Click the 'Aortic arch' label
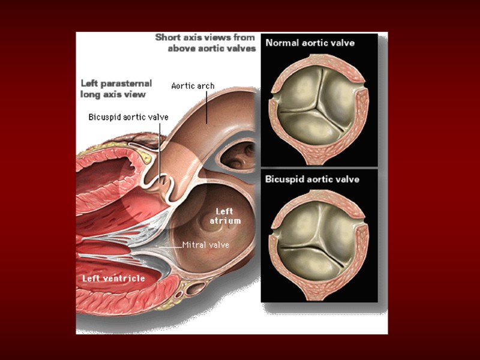pyautogui.click(x=193, y=86)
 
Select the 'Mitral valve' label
pyautogui.click(x=205, y=245)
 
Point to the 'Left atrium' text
pyautogui.click(x=225, y=216)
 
